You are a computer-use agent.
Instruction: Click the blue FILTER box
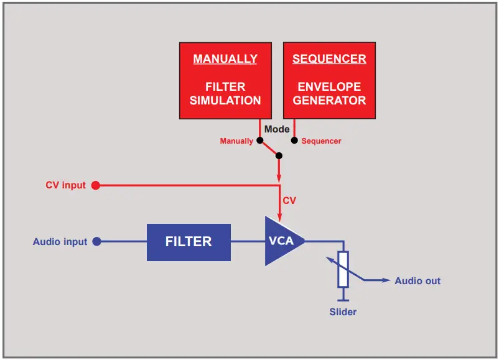tap(189, 242)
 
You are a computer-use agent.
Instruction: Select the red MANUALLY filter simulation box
tap(225, 80)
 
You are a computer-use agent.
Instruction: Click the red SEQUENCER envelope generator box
tap(329, 80)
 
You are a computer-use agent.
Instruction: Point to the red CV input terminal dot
tap(95, 185)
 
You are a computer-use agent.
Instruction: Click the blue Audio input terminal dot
tap(96, 242)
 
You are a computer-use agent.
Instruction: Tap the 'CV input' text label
tap(65, 185)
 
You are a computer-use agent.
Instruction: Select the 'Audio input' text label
tap(60, 242)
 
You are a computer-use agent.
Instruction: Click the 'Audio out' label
tap(417, 281)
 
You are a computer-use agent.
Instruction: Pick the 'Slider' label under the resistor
tap(343, 312)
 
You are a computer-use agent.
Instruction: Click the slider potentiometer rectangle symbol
tap(343, 269)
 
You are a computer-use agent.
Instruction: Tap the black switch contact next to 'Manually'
tap(259, 141)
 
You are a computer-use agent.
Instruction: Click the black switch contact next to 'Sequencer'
tap(294, 141)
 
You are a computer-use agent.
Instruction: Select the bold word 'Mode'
tap(277, 129)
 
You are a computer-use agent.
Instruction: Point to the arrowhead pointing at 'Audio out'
tap(386, 281)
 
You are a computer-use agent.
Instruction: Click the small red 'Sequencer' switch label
tap(321, 141)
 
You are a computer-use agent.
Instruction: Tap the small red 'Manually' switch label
tap(236, 141)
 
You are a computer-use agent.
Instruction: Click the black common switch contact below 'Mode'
tap(279, 155)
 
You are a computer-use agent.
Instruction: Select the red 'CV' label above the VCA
tap(289, 201)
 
